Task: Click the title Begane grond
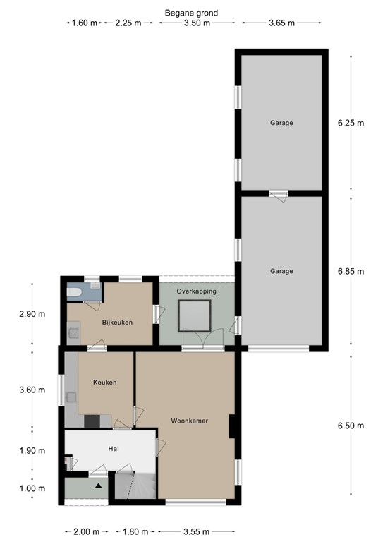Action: coord(191,13)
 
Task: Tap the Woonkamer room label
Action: coord(189,421)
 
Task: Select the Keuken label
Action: coord(104,383)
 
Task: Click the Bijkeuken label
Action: coord(117,323)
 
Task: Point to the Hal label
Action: coord(114,449)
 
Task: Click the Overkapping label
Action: coord(197,291)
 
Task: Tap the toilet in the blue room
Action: coord(74,292)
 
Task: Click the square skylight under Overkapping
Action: coord(195,316)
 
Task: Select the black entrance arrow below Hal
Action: coord(99,486)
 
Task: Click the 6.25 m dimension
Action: coord(351,123)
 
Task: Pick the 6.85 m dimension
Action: coord(351,271)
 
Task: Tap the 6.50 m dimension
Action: coord(351,426)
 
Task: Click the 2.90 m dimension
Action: coord(32,314)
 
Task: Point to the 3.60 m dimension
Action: coord(32,390)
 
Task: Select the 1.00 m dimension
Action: coord(32,488)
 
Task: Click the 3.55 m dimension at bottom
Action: coord(196,531)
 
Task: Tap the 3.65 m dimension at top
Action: coord(282,23)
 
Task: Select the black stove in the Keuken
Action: coord(92,421)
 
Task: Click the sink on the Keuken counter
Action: coord(71,397)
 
